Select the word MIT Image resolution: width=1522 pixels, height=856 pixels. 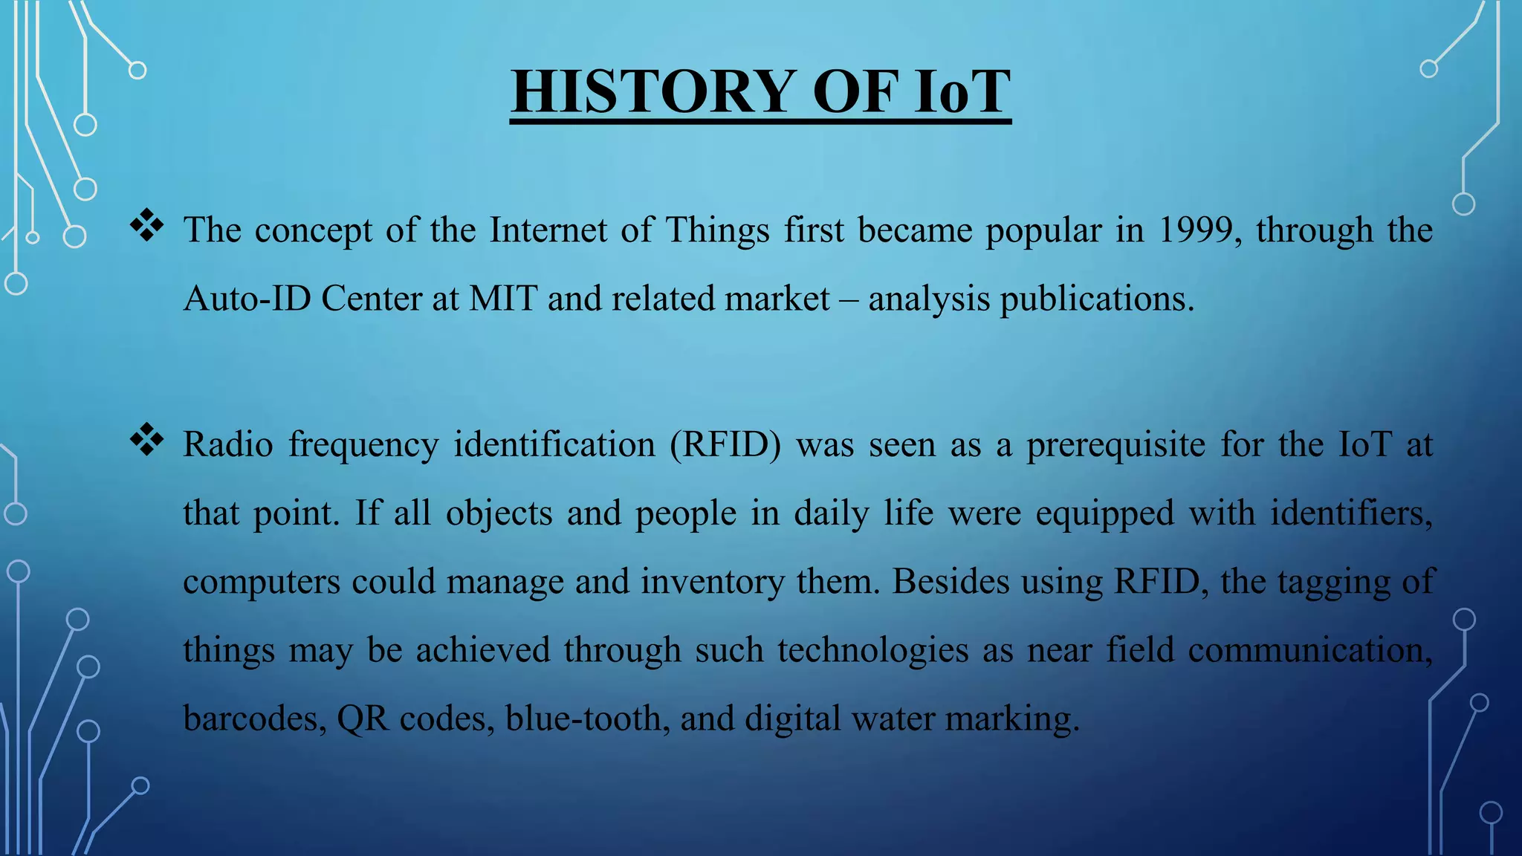point(503,299)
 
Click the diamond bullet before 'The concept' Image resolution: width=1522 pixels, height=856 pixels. point(147,226)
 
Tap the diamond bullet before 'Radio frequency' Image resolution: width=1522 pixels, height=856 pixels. point(147,440)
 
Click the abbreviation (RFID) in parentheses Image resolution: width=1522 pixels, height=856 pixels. point(725,444)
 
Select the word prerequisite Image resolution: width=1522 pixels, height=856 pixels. point(1115,444)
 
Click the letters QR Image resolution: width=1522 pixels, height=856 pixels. point(363,718)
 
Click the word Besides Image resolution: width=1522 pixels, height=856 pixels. point(951,581)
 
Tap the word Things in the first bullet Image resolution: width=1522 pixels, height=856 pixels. point(717,230)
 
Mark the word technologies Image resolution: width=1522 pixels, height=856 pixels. point(873,649)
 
